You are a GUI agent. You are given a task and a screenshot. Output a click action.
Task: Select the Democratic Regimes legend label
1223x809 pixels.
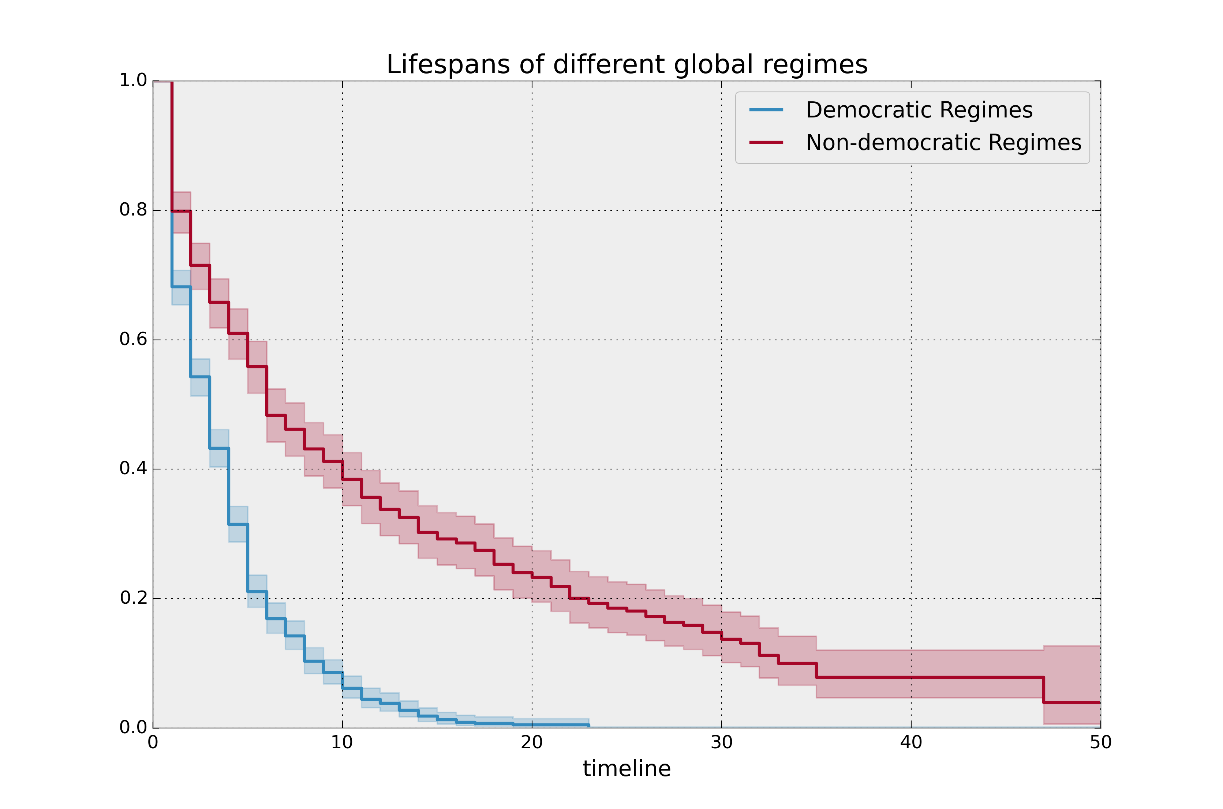pyautogui.click(x=919, y=110)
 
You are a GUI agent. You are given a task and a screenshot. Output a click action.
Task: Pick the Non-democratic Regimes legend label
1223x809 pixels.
pyautogui.click(x=943, y=142)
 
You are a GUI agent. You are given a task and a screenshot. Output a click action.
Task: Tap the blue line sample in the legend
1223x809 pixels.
pyautogui.click(x=766, y=110)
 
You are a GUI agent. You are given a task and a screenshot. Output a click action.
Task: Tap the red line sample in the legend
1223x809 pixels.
pyautogui.click(x=766, y=142)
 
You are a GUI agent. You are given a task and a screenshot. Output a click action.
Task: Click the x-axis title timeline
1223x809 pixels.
pyautogui.click(x=627, y=769)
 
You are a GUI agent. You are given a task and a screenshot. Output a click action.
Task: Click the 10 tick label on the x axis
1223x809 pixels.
pyautogui.click(x=342, y=742)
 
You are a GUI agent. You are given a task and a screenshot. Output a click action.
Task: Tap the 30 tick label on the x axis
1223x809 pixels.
pyautogui.click(x=721, y=742)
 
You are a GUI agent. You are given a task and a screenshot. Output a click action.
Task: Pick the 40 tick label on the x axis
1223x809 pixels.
pyautogui.click(x=911, y=742)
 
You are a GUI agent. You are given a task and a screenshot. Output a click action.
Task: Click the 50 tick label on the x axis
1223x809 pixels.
pyautogui.click(x=1100, y=742)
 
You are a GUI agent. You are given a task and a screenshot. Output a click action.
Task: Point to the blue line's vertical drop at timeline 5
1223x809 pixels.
pyautogui.click(x=248, y=557)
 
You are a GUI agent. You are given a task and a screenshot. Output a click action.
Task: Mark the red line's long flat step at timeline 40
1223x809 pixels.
pyautogui.click(x=911, y=677)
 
